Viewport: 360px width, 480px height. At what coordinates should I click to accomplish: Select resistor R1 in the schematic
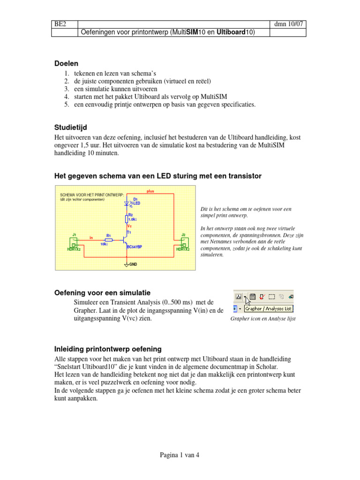pyautogui.click(x=109, y=240)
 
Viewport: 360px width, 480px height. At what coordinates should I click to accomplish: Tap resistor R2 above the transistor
pyautogui.click(x=127, y=218)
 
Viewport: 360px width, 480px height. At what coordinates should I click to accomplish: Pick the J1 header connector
pyautogui.click(x=74, y=242)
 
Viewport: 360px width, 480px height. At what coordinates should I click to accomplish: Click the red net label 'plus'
pyautogui.click(x=150, y=191)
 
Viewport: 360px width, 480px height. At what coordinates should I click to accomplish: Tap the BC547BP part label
pyautogui.click(x=135, y=247)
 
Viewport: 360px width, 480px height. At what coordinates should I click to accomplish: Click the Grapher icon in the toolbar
pyautogui.click(x=239, y=296)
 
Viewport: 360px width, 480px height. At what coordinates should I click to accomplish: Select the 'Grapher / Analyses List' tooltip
pyautogui.click(x=269, y=309)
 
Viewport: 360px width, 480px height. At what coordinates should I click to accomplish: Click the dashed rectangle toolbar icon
pyautogui.click(x=271, y=296)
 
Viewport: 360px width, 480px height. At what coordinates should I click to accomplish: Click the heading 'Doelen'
pyautogui.click(x=66, y=63)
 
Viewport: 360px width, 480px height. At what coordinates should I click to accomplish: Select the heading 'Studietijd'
pyautogui.click(x=71, y=127)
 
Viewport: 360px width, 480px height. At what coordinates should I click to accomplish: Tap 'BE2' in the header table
pyautogui.click(x=60, y=23)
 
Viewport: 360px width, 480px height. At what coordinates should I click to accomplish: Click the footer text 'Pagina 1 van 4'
pyautogui.click(x=180, y=455)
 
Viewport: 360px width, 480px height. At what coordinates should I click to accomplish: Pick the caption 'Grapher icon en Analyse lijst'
pyautogui.click(x=263, y=319)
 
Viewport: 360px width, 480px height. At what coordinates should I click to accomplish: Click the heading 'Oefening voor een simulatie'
pyautogui.click(x=103, y=293)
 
